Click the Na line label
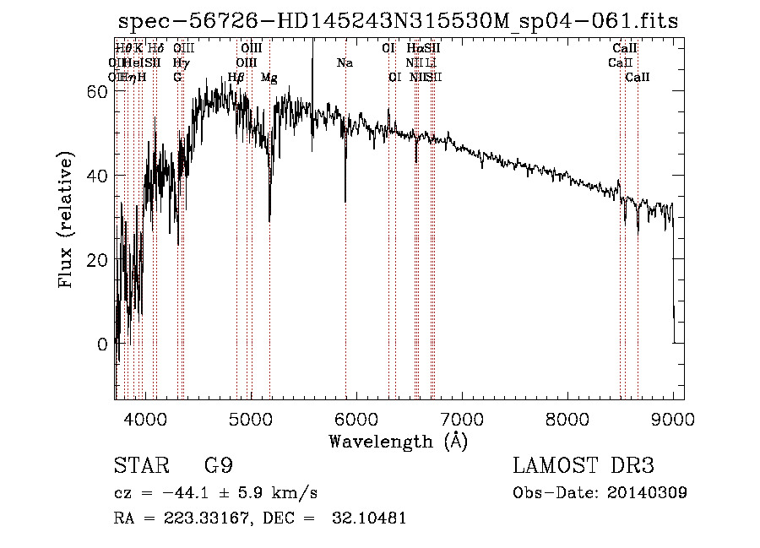(345, 62)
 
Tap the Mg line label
(269, 78)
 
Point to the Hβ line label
(236, 78)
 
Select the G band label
(177, 78)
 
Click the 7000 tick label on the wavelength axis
(461, 419)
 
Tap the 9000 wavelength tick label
(673, 419)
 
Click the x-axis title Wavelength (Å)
(398, 441)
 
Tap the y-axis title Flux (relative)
(66, 220)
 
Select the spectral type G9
(219, 466)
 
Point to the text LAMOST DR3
(583, 466)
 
